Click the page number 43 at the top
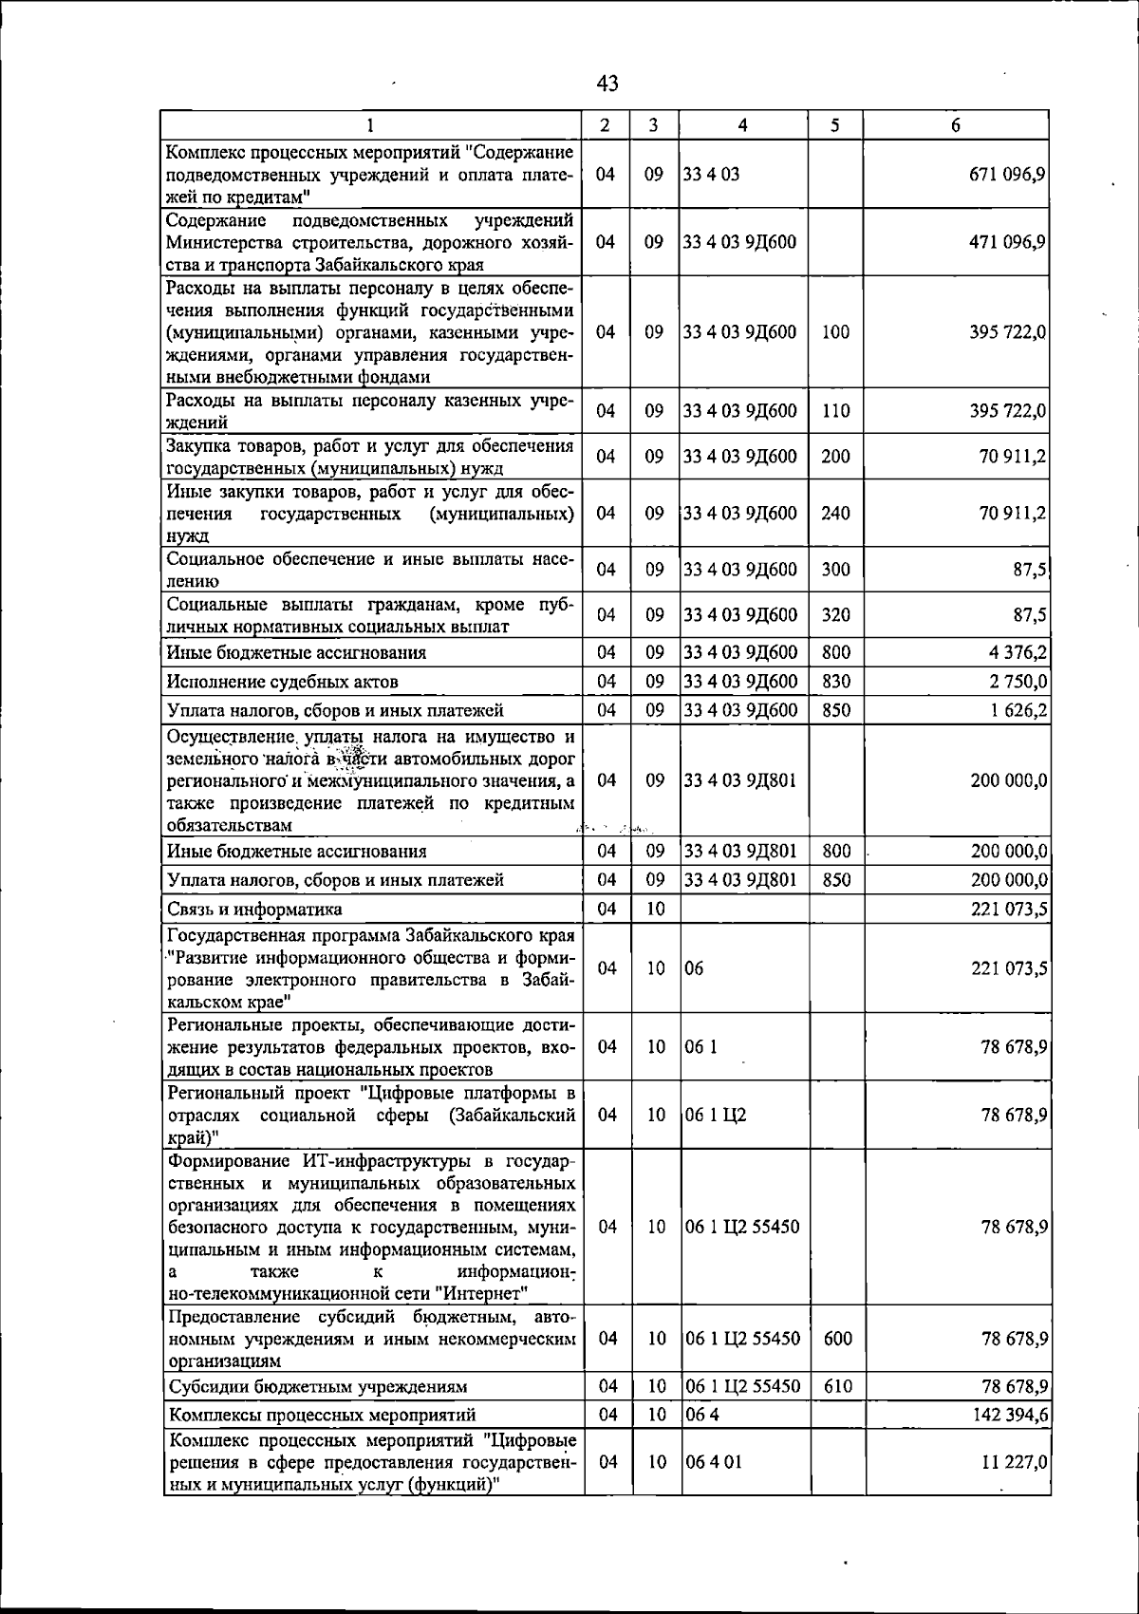coord(608,84)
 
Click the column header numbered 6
coord(956,125)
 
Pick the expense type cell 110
coord(835,411)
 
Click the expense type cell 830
coord(835,682)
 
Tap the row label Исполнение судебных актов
coord(283,682)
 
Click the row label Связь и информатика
coord(254,910)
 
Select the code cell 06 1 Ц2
coord(716,1115)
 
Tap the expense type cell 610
coord(837,1386)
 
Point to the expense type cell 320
coord(835,615)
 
